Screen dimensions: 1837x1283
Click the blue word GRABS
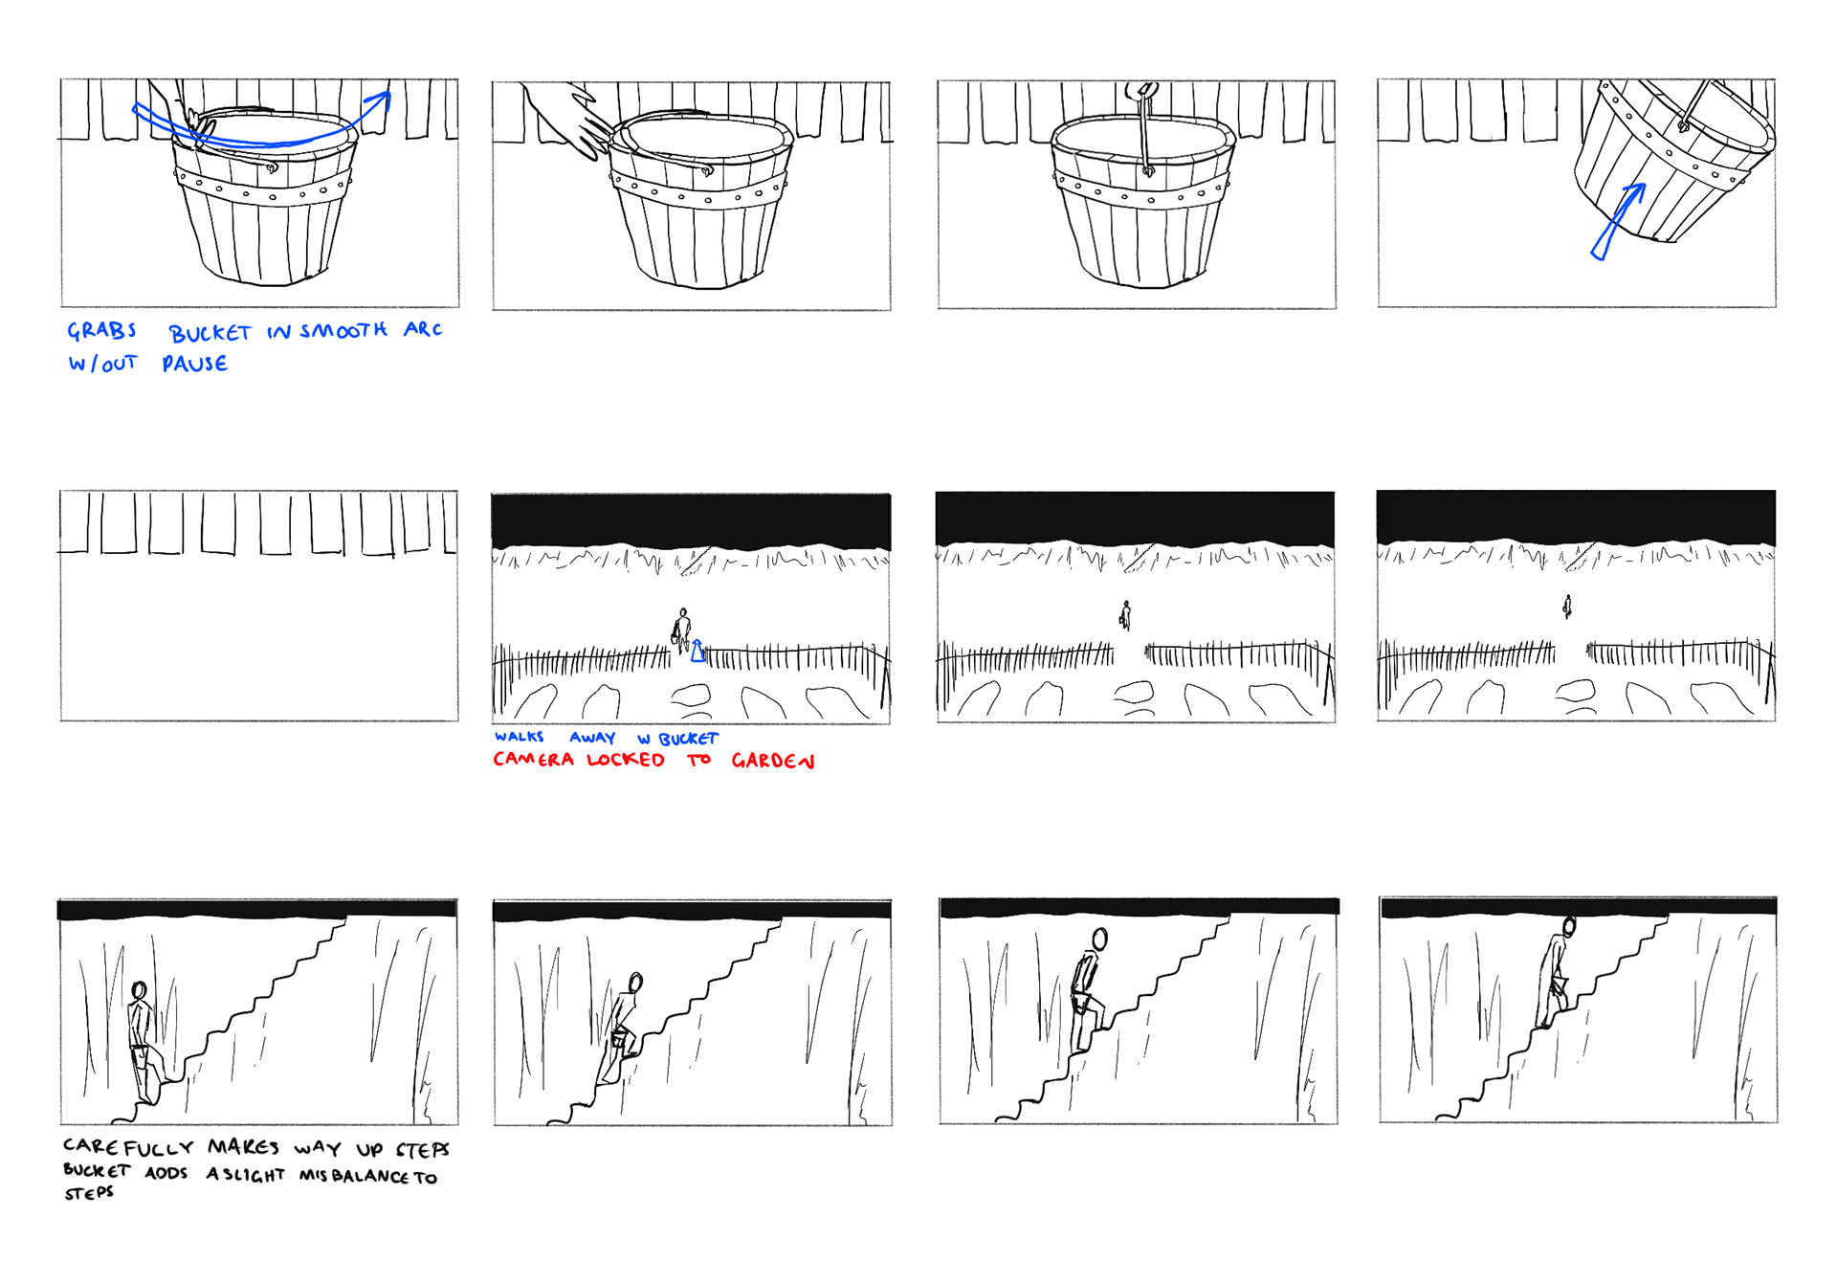pos(101,330)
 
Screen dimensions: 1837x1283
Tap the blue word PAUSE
pos(195,364)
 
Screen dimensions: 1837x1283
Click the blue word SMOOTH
pos(343,331)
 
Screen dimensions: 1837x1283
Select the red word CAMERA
pos(534,760)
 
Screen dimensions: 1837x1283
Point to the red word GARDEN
pos(773,761)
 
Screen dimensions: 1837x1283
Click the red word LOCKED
pos(626,760)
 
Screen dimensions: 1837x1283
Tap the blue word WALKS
pos(520,737)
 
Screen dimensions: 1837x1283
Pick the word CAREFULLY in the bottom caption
pos(128,1147)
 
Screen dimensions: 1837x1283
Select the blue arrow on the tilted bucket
pos(1617,221)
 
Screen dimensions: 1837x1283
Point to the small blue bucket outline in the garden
pos(698,652)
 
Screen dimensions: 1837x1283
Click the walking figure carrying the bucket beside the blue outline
pos(681,630)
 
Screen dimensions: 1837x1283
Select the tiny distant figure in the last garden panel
pos(1567,607)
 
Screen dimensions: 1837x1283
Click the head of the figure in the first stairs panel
pos(140,990)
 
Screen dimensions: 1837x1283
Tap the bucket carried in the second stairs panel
pos(619,1039)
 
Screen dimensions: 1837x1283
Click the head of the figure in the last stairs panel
pos(1569,926)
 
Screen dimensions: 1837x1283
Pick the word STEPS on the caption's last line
pos(89,1193)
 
